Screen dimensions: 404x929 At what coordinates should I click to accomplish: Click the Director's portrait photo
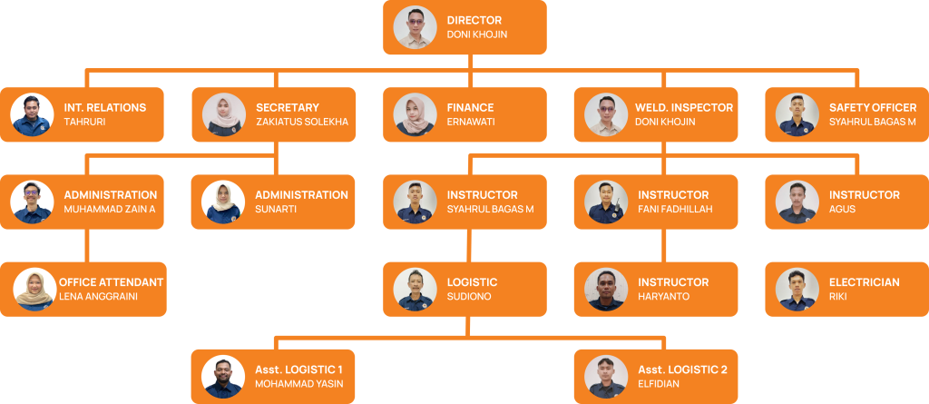(416, 27)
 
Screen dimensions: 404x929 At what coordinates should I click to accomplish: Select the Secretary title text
(288, 107)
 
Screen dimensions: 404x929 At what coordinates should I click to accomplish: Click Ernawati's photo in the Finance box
(416, 115)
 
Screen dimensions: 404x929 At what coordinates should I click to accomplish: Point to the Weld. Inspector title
(683, 107)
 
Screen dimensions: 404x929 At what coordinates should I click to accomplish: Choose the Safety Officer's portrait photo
(798, 115)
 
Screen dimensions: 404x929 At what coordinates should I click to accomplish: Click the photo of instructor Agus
(798, 202)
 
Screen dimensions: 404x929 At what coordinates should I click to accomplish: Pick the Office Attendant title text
(111, 282)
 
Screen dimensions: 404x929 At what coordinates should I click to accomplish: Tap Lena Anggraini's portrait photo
(35, 290)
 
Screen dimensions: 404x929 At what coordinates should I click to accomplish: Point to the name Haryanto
(663, 297)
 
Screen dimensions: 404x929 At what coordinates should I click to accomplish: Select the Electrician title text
(864, 282)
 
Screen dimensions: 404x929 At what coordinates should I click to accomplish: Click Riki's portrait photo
(798, 290)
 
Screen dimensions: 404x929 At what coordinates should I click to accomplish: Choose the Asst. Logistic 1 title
(305, 370)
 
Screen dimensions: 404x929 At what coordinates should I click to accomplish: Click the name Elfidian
(658, 384)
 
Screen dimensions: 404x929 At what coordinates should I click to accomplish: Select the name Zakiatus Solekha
(302, 123)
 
